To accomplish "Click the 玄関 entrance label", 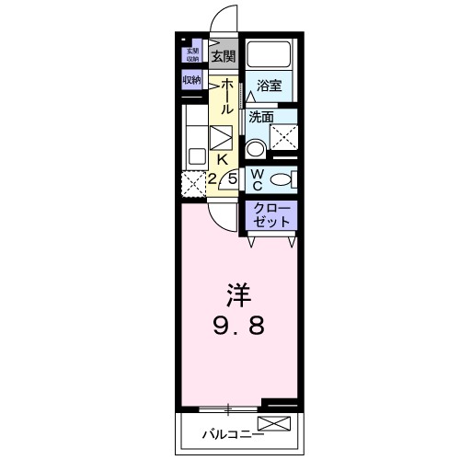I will pyautogui.click(x=224, y=56).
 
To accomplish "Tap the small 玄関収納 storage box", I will pyautogui.click(x=192, y=55).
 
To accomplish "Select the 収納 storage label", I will pyautogui.click(x=192, y=81).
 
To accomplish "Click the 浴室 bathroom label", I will pyautogui.click(x=269, y=86).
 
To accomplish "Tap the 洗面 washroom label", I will pyautogui.click(x=261, y=117).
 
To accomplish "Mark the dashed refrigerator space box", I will pyautogui.click(x=192, y=183).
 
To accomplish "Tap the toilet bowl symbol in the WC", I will pyautogui.click(x=288, y=178).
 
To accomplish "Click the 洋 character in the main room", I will pyautogui.click(x=236, y=297).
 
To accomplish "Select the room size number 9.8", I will pyautogui.click(x=236, y=326).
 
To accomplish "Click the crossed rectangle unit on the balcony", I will pyautogui.click(x=273, y=423).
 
